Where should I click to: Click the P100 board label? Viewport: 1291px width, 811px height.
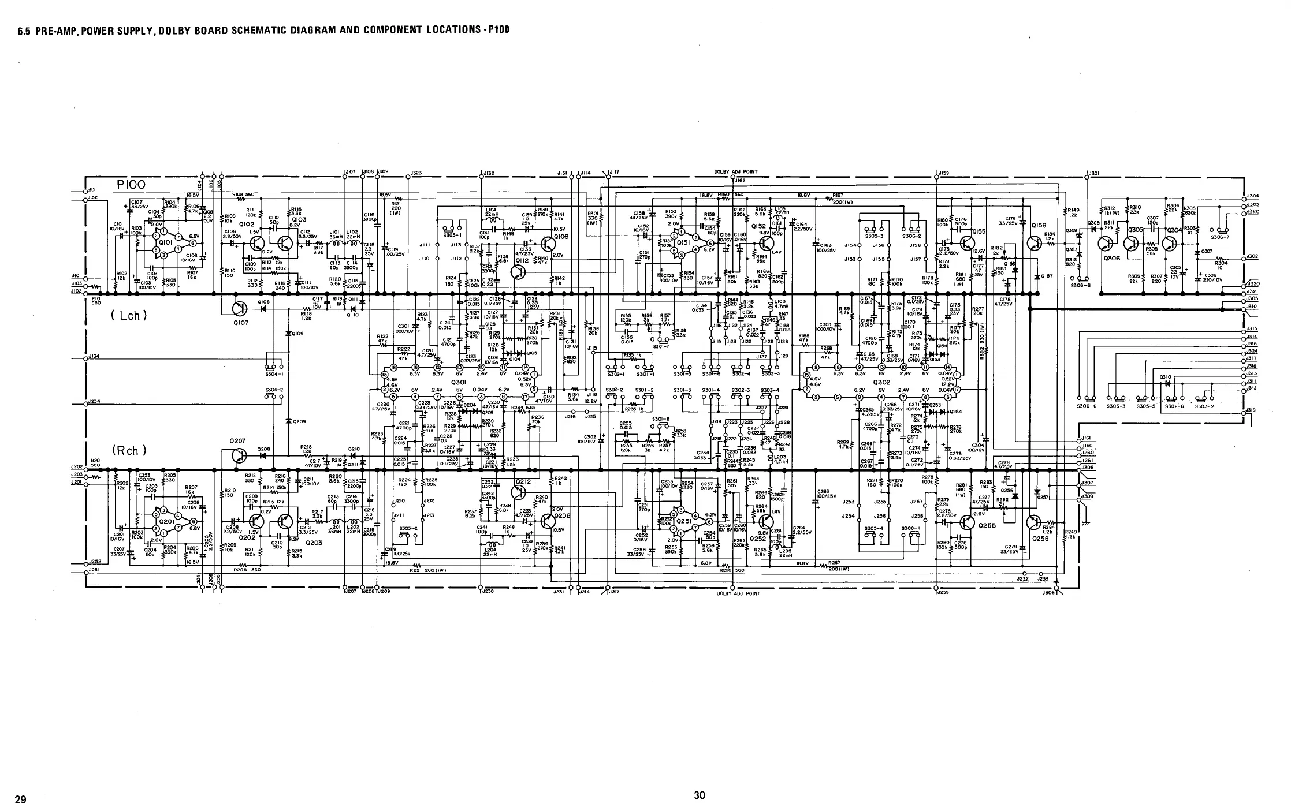(131, 185)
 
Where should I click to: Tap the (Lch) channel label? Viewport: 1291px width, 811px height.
(129, 315)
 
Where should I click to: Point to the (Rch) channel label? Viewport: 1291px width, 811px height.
(129, 450)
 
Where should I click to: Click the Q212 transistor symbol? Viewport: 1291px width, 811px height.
(519, 492)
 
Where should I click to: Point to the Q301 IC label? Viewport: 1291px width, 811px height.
(458, 382)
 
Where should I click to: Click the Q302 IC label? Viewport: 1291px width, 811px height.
(881, 382)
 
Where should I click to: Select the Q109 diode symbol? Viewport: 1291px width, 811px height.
(288, 333)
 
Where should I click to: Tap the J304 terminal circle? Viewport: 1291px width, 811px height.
(1243, 196)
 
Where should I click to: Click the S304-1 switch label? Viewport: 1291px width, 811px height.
(274, 373)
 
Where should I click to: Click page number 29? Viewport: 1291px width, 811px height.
(20, 799)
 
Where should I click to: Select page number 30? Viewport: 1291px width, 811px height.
(699, 795)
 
